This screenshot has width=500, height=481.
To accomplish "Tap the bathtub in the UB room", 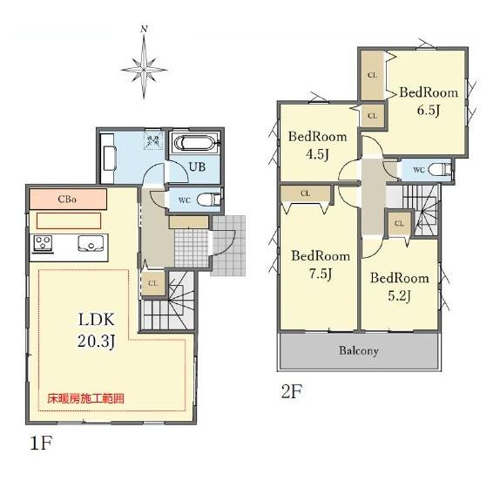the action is click(195, 144).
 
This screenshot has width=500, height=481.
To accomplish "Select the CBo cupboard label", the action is click(67, 200).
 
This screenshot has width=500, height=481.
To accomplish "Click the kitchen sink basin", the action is click(91, 244).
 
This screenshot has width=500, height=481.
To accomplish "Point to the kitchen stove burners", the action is click(43, 243).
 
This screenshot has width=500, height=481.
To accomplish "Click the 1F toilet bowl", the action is click(208, 200).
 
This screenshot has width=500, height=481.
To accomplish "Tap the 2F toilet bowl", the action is click(439, 170).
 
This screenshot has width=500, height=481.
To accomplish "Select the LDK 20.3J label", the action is click(96, 330).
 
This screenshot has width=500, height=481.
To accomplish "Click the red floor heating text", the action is click(85, 398).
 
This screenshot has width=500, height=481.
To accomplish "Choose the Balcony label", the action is click(359, 351).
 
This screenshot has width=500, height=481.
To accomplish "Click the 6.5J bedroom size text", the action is click(429, 111).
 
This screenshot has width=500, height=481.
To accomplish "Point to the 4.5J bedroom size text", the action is click(317, 155).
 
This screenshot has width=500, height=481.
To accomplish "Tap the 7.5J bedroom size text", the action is click(321, 274).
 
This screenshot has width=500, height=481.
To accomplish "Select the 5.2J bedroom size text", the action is click(399, 296).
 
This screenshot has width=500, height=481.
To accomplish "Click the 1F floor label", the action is click(41, 443).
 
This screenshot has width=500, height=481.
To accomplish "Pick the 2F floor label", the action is click(292, 391).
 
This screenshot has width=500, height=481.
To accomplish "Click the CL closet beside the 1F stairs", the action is click(153, 283).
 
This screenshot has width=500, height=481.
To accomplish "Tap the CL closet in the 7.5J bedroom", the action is click(305, 193).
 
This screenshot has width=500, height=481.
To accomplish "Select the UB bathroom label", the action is click(197, 166).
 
